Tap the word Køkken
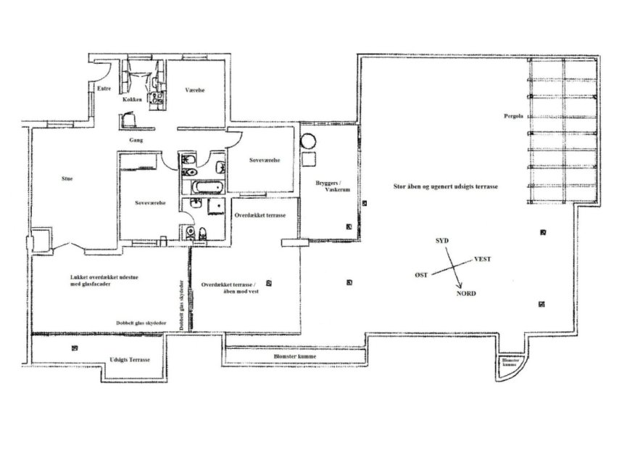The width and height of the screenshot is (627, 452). click(132, 99)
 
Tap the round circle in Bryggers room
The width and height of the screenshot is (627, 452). click(310, 139)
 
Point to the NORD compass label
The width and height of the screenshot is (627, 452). click(466, 295)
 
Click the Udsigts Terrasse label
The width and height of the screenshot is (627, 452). click(129, 360)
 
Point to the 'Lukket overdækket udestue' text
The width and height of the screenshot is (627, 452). click(104, 280)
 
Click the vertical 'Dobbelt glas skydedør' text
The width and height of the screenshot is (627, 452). click(182, 305)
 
